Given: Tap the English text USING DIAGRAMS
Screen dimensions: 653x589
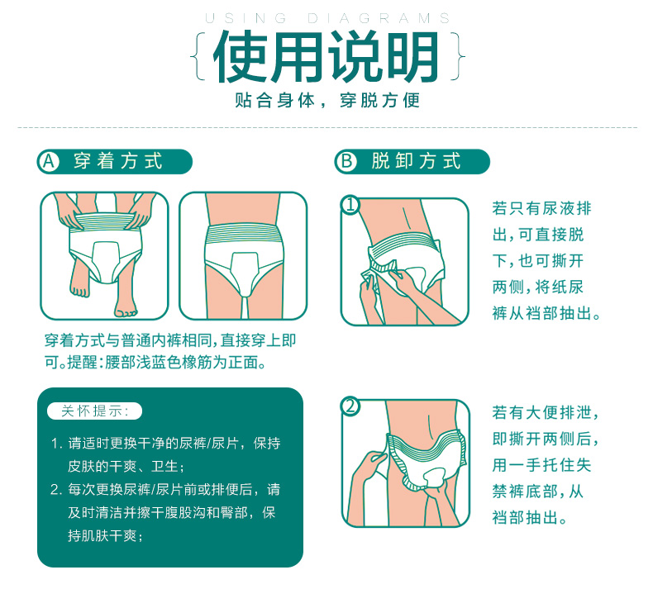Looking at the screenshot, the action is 328,18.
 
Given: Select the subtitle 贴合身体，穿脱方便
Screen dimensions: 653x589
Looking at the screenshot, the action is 327,100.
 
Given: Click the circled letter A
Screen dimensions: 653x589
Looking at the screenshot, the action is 49,162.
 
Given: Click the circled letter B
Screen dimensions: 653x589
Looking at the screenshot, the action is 346,162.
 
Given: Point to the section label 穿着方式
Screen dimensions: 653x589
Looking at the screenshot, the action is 118,161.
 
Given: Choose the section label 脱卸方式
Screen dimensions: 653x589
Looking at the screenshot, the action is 416,161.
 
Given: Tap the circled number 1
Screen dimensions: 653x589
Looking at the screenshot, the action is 350,204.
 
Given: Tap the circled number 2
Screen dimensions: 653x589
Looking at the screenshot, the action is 350,406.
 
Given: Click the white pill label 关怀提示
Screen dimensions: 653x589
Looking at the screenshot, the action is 95,411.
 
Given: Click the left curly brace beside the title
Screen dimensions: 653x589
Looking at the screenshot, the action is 198,56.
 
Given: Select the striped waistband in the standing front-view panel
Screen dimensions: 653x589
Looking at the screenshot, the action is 244,234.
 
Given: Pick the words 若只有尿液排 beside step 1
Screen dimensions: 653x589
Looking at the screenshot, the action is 541,208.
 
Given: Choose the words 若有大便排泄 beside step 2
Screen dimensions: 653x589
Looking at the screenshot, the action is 541,412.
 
